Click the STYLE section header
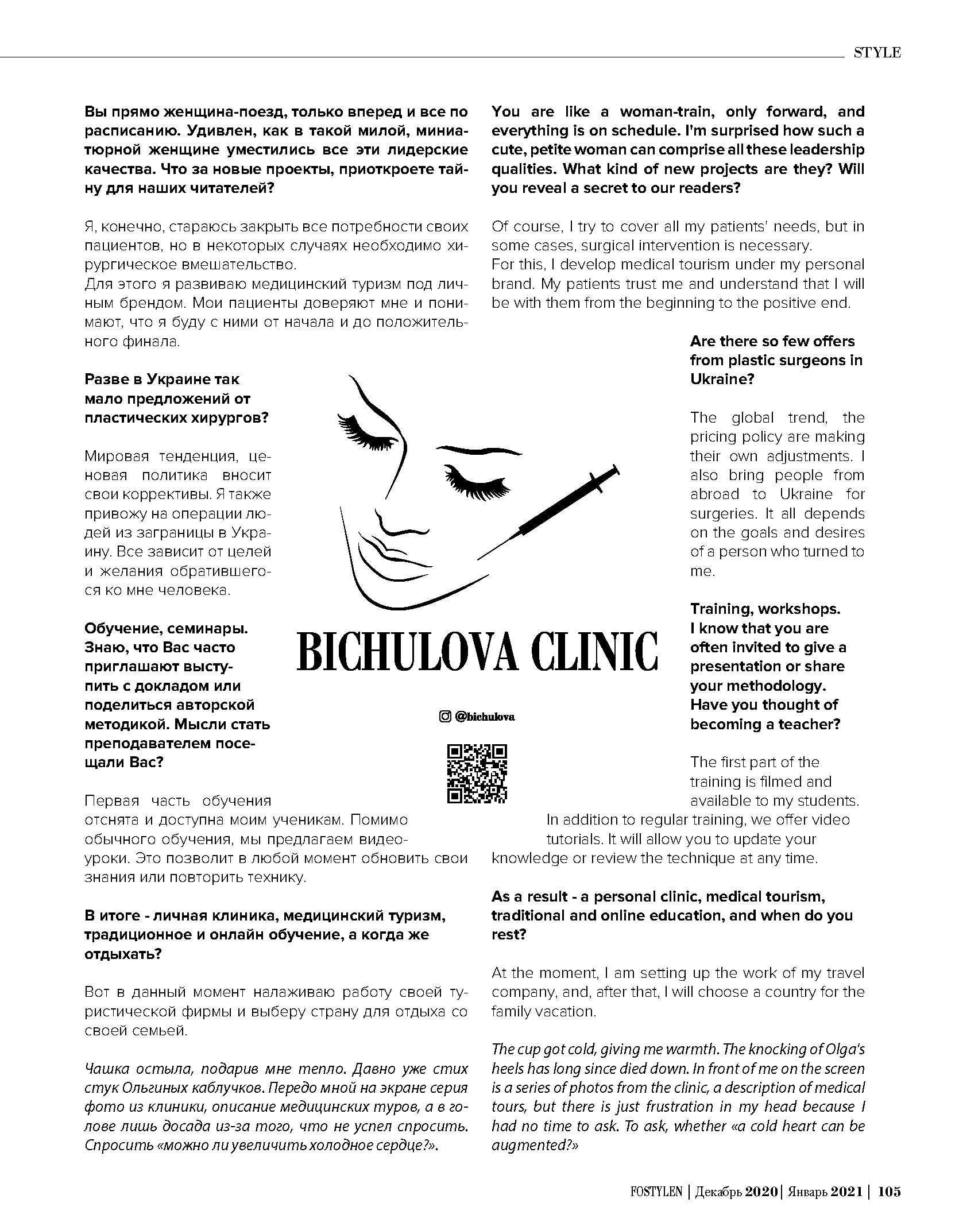[x=877, y=53]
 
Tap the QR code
[x=477, y=773]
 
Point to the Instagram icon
[x=444, y=717]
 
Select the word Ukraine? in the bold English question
[x=722, y=380]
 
